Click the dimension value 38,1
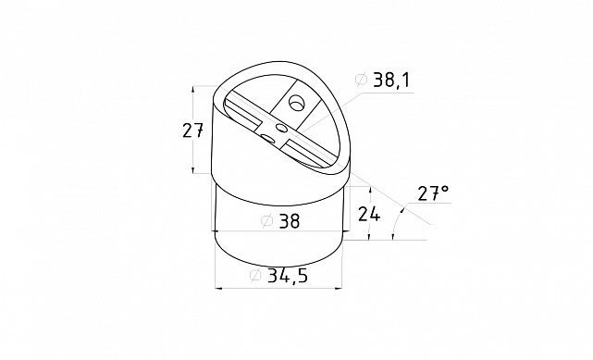[391, 81]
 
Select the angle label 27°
[433, 192]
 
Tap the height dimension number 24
[369, 214]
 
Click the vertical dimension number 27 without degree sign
[192, 130]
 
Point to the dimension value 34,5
[288, 276]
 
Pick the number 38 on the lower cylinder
[290, 221]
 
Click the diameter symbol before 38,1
[361, 80]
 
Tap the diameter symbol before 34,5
[255, 276]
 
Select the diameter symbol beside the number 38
[267, 221]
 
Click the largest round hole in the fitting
[297, 103]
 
